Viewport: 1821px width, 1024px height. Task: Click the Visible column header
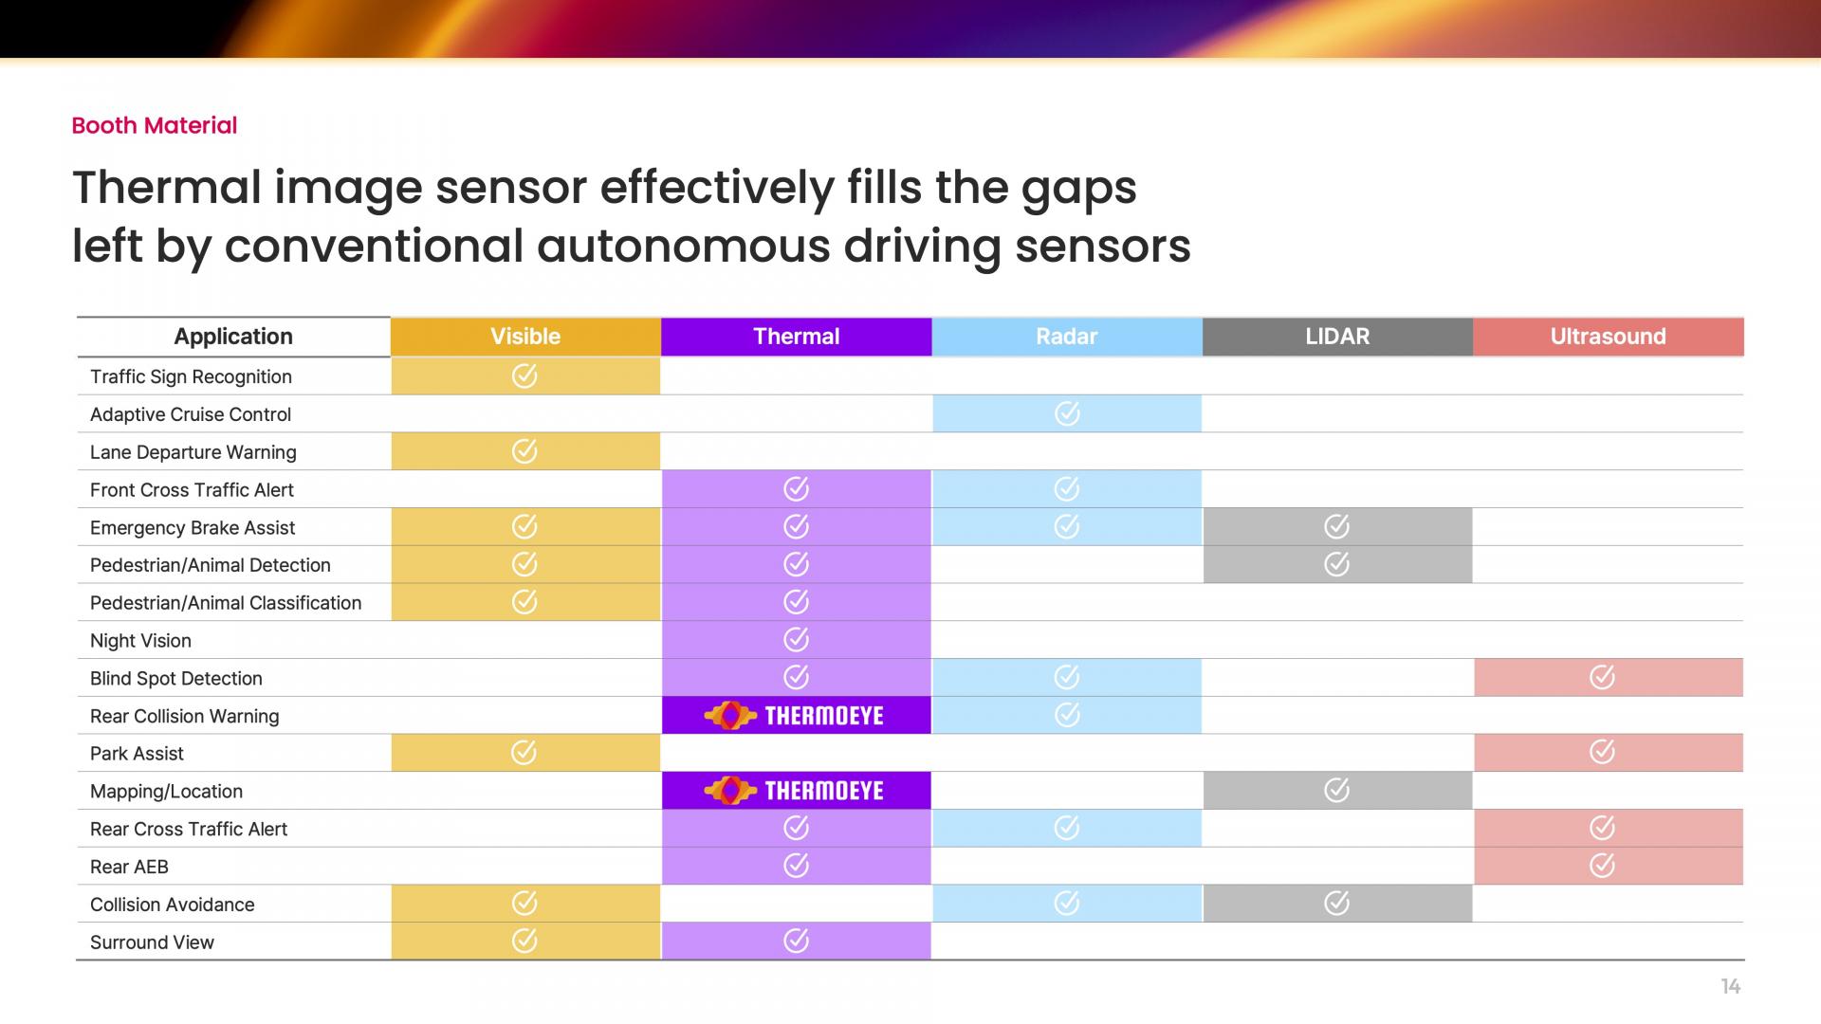pos(525,337)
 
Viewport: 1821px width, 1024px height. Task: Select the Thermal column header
pos(797,337)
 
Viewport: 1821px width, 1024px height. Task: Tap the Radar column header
pos(1067,337)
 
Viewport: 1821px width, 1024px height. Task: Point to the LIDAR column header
pos(1337,337)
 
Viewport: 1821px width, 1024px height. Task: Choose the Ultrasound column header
pos(1609,337)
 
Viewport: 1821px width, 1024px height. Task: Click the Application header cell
pos(233,337)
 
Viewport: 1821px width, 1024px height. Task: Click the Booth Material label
pos(155,125)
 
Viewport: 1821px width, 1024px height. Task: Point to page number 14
pos(1731,987)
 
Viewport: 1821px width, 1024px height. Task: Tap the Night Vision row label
pos(140,641)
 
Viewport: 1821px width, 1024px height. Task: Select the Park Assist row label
pos(137,754)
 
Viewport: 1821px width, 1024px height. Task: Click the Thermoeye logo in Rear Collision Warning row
pos(794,716)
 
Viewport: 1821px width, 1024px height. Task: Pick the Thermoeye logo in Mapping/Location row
pos(794,791)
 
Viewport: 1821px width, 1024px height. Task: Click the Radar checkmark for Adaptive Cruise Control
pos(1067,413)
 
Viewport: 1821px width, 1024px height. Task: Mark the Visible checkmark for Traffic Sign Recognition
pos(524,376)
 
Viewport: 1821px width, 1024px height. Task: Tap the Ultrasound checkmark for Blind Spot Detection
pos(1602,677)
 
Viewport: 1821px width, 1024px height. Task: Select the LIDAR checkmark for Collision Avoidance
pos(1336,904)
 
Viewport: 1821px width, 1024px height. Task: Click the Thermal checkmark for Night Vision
pos(796,640)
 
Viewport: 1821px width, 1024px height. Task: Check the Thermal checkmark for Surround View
pos(796,941)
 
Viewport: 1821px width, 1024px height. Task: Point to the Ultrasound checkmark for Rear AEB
pos(1602,865)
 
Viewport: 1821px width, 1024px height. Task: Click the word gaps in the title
pos(1079,190)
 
